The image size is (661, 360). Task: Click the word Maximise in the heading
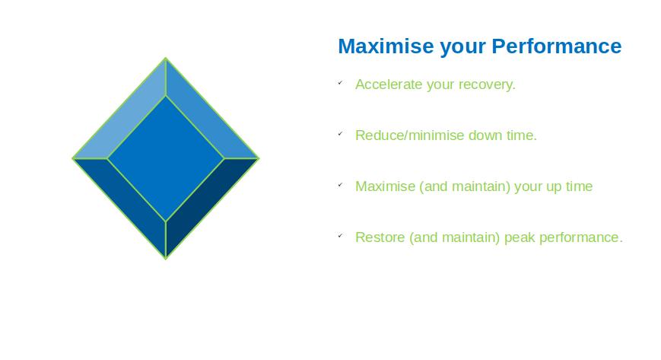386,46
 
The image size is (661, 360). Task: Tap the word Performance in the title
557,46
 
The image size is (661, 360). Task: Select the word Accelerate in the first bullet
389,84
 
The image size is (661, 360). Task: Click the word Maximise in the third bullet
386,186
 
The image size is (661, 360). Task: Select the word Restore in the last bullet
380,237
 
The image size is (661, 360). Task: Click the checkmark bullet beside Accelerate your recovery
340,83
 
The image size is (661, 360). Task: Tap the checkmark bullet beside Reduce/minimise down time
340,134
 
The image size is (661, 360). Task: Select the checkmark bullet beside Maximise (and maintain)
340,185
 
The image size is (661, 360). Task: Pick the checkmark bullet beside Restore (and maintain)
340,236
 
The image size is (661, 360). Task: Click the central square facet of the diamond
166,158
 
